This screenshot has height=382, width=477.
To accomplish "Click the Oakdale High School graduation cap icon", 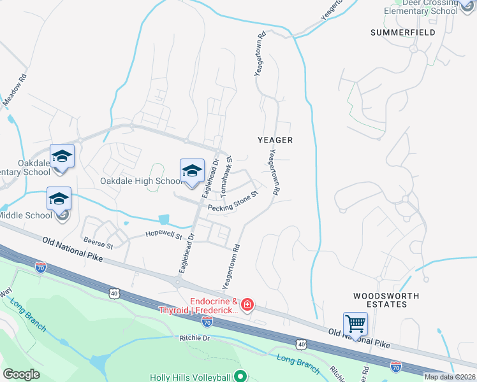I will (192, 171).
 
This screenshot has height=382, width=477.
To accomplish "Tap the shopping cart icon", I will (355, 323).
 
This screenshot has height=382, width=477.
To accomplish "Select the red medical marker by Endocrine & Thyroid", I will (247, 306).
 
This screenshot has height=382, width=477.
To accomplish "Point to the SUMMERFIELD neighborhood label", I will (404, 32).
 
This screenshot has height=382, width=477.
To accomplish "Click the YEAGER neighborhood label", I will (275, 139).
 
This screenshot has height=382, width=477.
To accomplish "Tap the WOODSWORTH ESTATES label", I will (387, 300).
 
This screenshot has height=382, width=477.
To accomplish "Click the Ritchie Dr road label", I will (194, 338).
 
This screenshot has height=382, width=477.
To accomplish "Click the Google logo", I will (21, 374).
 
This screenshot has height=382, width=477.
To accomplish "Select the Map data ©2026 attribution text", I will (450, 377).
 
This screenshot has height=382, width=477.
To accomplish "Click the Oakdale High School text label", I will (141, 181).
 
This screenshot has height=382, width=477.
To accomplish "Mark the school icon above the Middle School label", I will (59, 199).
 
